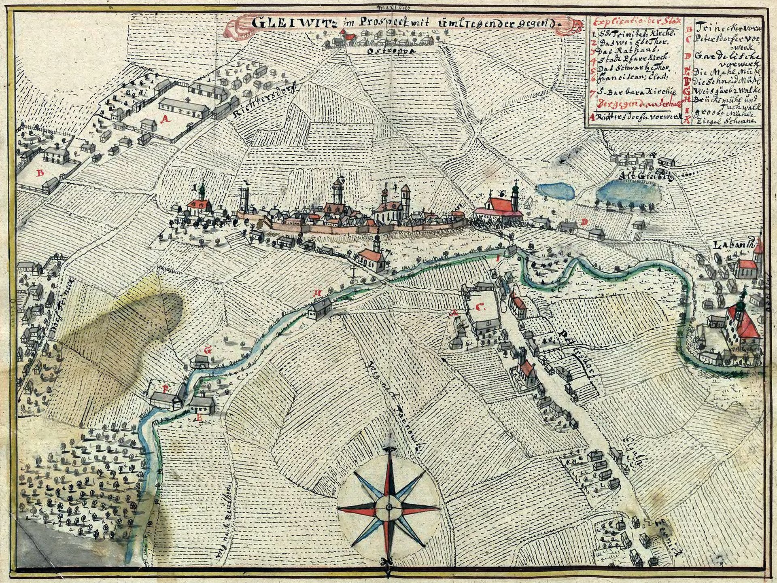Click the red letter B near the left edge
(x=40, y=173)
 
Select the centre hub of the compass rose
(x=388, y=507)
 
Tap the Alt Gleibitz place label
(x=643, y=176)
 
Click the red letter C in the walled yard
(x=480, y=307)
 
